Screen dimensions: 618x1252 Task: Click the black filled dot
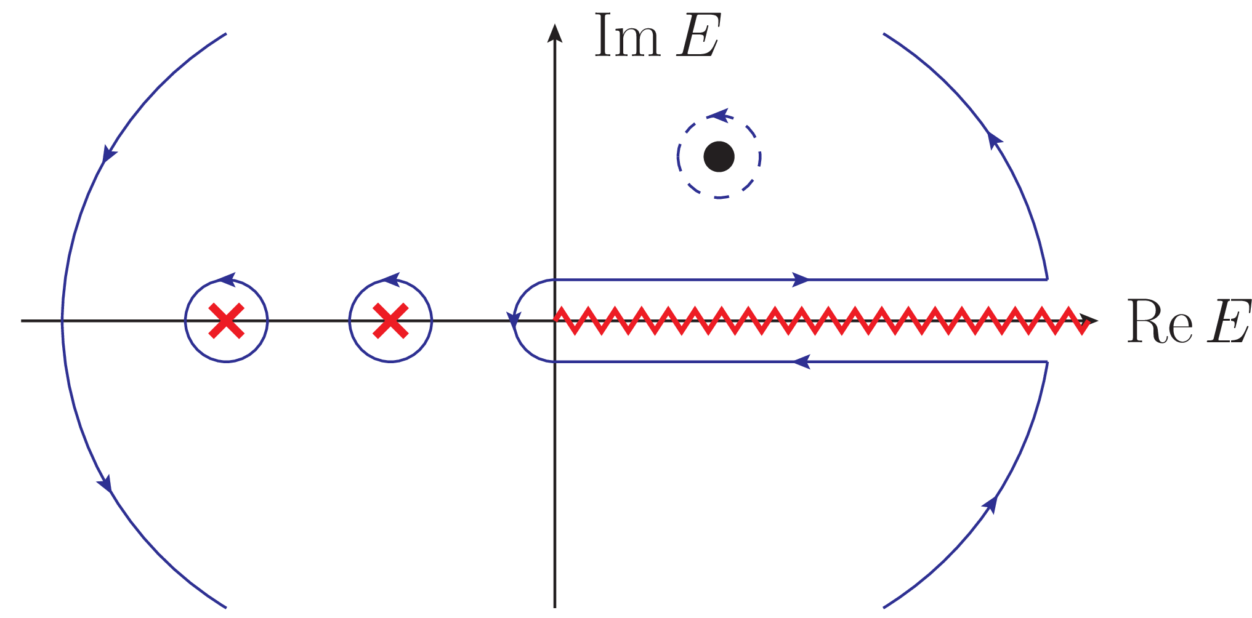click(719, 156)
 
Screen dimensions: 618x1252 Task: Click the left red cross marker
click(226, 321)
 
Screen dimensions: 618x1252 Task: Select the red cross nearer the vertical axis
click(390, 321)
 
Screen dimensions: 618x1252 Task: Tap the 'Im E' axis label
click(656, 37)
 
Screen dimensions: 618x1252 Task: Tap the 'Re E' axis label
click(1188, 321)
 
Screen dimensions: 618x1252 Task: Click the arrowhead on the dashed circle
click(717, 114)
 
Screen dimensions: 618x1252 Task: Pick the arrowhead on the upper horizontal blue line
click(800, 279)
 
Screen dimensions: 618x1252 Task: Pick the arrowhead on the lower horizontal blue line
click(801, 362)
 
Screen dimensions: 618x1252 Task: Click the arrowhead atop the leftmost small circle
click(227, 280)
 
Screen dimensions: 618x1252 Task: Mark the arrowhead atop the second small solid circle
click(391, 280)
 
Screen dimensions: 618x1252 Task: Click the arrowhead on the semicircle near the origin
click(514, 319)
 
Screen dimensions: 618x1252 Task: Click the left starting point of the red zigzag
click(556, 317)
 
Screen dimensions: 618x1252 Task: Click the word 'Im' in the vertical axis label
click(627, 37)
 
